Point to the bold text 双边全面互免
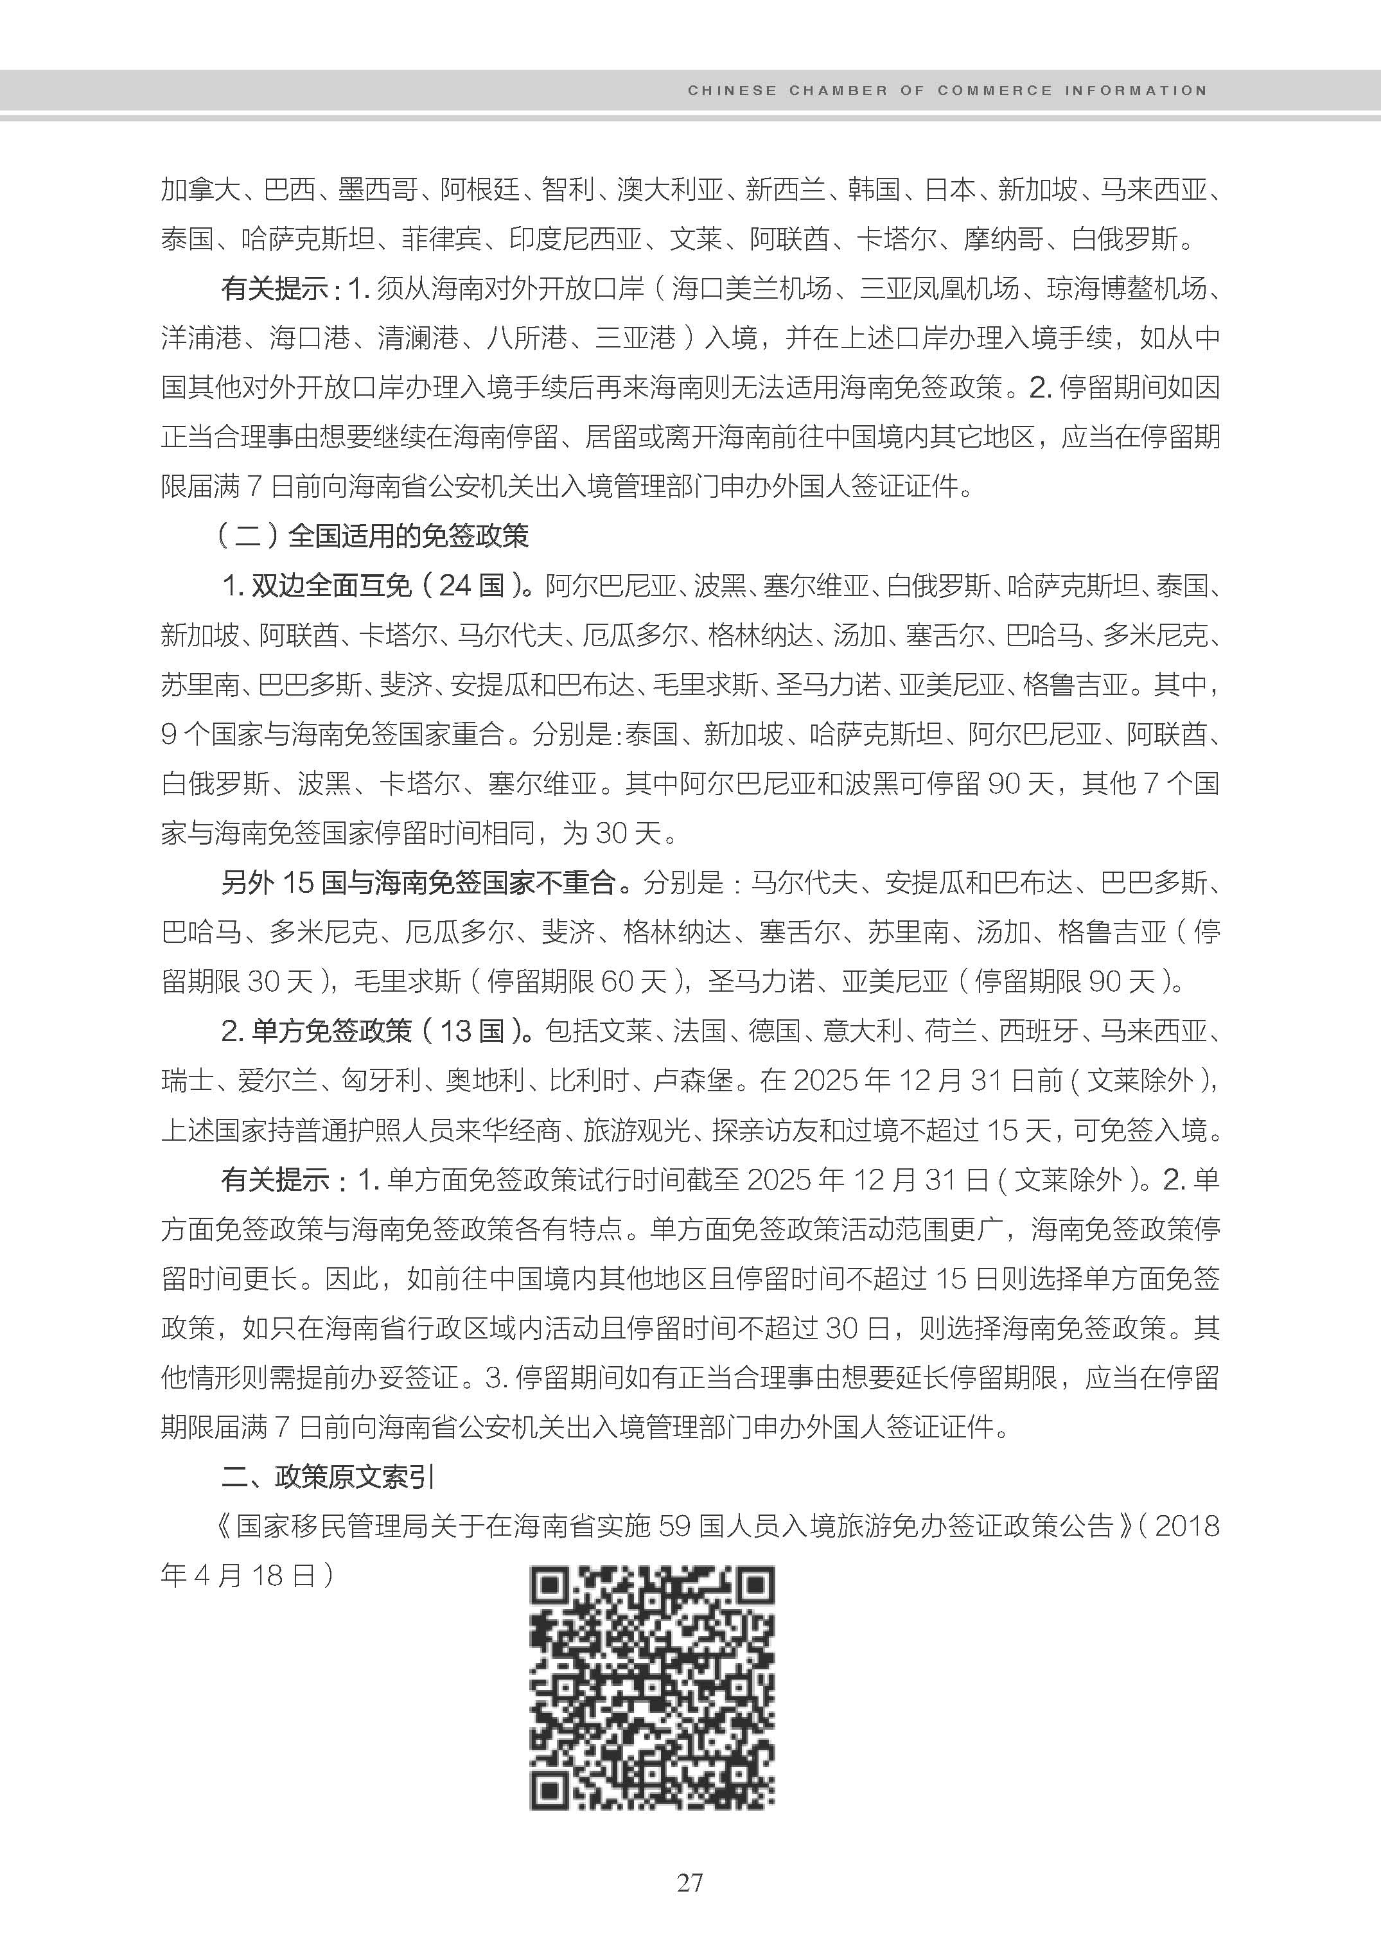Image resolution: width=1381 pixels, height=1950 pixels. pos(331,585)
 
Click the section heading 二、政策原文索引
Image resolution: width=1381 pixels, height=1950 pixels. pos(328,1477)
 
